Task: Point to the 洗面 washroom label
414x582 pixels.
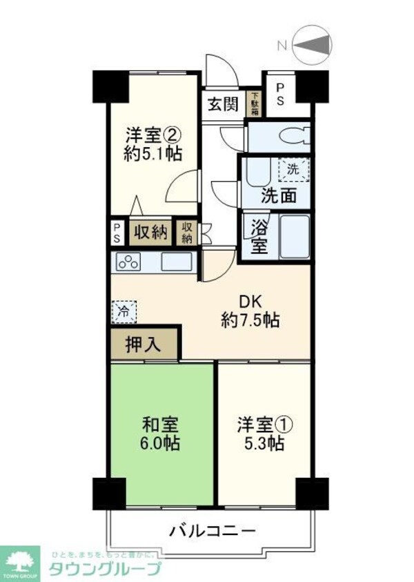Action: tap(279, 195)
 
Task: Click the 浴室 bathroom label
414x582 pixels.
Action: tap(259, 235)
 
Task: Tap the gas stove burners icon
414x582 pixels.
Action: tap(128, 262)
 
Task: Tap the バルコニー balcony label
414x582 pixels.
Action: tap(213, 532)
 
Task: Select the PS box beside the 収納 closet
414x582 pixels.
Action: tap(117, 233)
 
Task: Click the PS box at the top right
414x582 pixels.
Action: tap(280, 93)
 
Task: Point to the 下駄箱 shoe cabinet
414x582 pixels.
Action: tap(254, 103)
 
